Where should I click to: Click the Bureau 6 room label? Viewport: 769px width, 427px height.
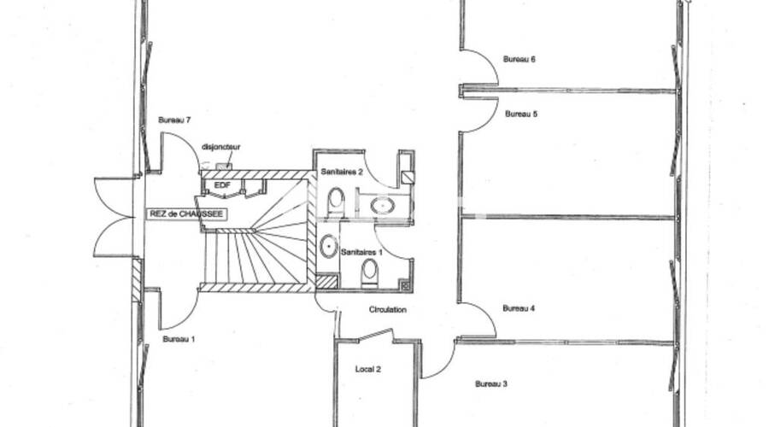(519, 60)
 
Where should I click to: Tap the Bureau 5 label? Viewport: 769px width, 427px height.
(520, 114)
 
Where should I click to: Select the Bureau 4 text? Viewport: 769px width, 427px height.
(519, 308)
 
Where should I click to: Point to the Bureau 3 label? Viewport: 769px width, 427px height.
(491, 384)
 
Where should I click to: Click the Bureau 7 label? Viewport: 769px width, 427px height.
(173, 120)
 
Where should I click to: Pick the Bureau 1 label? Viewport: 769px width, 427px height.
(179, 339)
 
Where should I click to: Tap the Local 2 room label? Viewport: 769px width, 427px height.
(367, 369)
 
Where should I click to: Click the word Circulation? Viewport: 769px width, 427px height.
(387, 310)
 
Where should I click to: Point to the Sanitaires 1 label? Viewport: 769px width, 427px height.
(362, 253)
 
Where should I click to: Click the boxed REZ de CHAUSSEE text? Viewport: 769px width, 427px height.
(187, 214)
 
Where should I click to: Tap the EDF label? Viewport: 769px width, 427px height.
(222, 184)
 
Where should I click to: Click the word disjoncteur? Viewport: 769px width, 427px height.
(220, 147)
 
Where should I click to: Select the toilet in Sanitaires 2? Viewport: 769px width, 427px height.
(336, 201)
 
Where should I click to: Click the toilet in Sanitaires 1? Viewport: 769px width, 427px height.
(370, 271)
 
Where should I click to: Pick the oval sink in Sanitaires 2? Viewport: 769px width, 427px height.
(381, 205)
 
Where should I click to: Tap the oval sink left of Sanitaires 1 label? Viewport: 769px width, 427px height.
(328, 246)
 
